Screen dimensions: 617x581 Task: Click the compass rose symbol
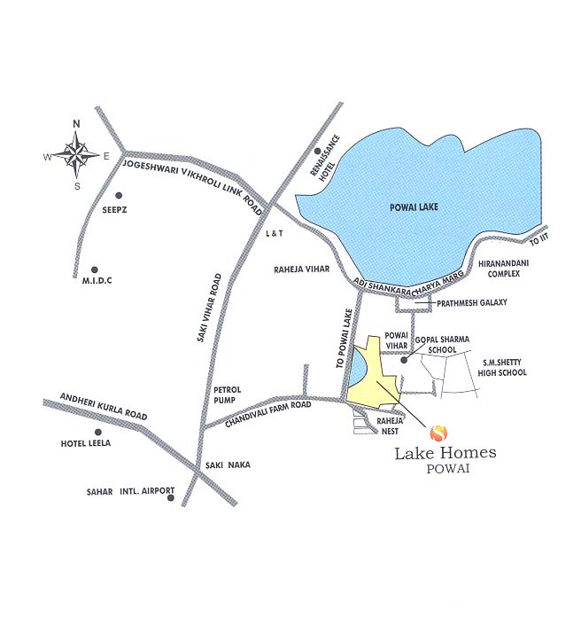click(x=77, y=153)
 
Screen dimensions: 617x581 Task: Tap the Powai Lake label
click(x=414, y=207)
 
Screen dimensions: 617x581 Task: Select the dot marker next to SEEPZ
click(x=117, y=195)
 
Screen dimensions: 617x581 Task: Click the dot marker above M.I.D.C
click(x=95, y=269)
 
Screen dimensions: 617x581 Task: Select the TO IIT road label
click(x=541, y=239)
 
